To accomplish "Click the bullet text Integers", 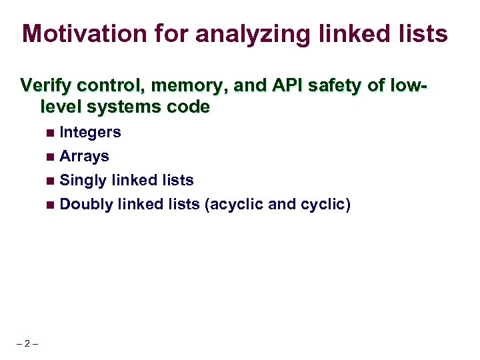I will [x=90, y=133].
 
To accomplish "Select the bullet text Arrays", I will [x=84, y=157].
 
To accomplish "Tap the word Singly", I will [x=83, y=181].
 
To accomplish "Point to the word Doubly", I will [x=86, y=205].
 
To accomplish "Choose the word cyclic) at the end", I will [x=326, y=205].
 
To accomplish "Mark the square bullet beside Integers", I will [x=51, y=133].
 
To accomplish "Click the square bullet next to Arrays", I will [x=51, y=157].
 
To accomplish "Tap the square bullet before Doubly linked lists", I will [x=51, y=205].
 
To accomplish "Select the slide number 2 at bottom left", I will [x=27, y=344].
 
